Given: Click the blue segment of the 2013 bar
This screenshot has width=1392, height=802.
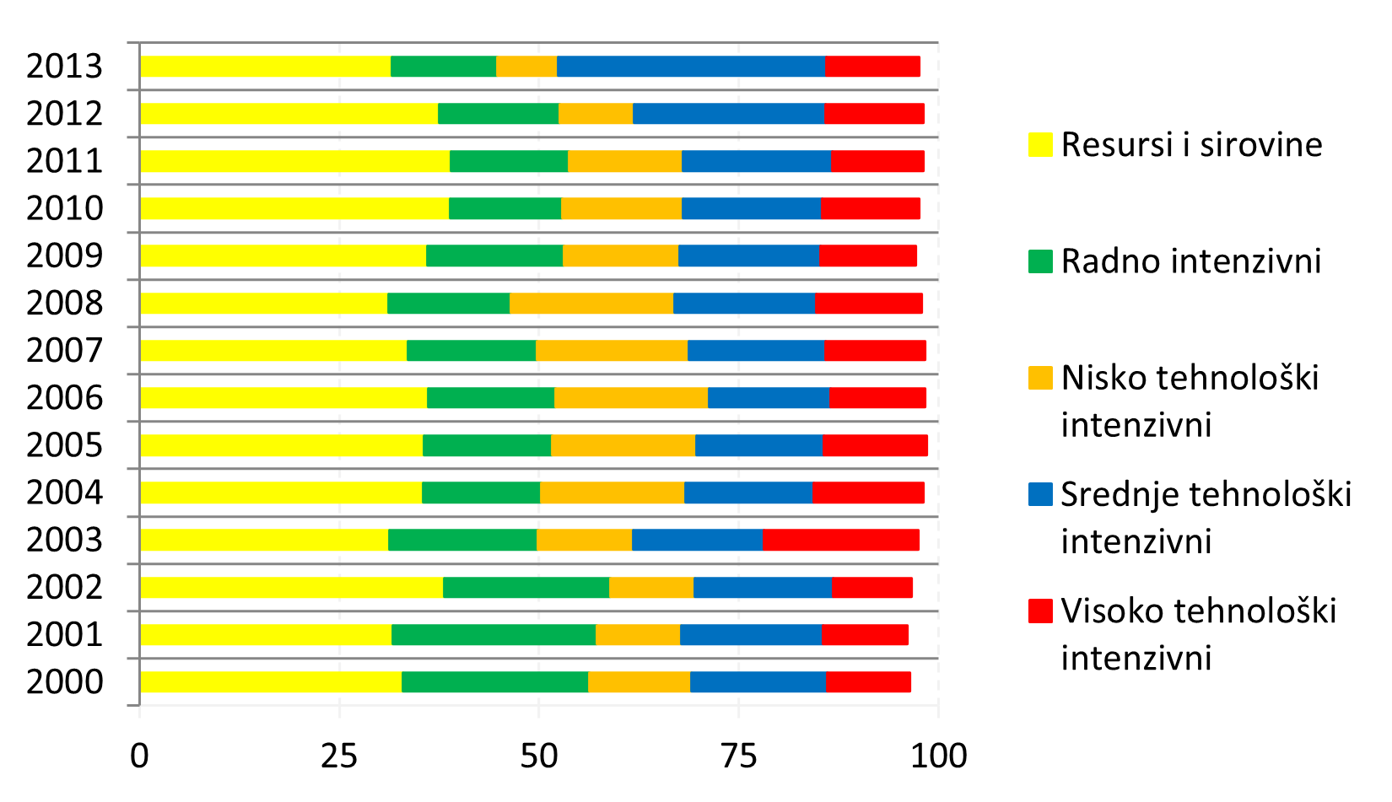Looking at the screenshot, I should pos(690,67).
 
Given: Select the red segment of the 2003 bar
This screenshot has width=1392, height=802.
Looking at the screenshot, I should pos(840,540).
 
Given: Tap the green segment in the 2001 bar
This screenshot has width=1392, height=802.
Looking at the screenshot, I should pos(494,634).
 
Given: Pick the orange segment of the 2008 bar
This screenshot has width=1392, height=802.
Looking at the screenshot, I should pos(591,303).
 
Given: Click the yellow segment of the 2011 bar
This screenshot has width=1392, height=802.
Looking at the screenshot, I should pos(294,161).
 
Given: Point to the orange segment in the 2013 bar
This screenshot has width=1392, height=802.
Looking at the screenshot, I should pos(526,67).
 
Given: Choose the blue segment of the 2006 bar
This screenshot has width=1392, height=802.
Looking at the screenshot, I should pos(769,397).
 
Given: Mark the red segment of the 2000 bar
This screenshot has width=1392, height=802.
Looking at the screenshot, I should pos(868,681).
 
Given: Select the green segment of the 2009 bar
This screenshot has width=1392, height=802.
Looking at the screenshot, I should pos(494,256).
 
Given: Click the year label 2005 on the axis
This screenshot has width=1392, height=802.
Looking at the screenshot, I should pos(64,445).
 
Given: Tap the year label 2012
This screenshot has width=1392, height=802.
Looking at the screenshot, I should pos(64,114).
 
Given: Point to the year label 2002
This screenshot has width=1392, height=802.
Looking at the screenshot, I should pos(64,587).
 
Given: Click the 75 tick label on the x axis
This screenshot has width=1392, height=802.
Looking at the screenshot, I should pos(739,756).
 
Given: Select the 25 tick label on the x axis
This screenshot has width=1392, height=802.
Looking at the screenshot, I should pos(339,756).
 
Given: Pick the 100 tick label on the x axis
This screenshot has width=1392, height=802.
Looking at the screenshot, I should pos(939,756).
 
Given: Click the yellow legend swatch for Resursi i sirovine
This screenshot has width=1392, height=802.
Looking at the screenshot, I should pos(1040,145).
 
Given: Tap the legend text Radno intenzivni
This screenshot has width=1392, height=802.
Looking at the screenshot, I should pos(1190,261).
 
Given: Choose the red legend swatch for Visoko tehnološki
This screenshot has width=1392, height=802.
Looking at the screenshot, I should pos(1040,611).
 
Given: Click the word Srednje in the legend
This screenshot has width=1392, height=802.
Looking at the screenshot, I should pos(1114,495).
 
